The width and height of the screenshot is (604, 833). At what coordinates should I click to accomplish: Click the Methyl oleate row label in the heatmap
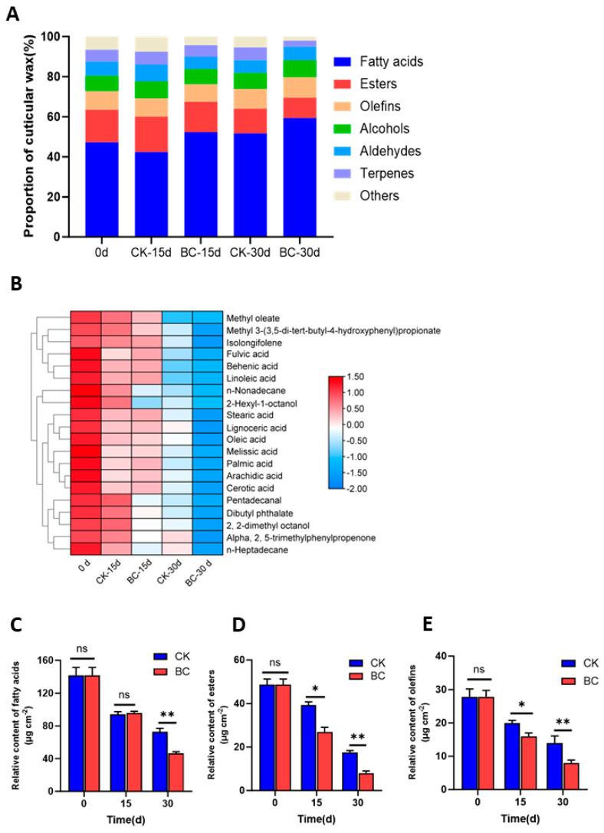click(252, 317)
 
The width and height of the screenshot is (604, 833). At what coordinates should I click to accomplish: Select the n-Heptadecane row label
click(252, 549)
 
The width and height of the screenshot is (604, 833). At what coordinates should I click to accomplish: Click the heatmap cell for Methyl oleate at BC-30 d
click(207, 317)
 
